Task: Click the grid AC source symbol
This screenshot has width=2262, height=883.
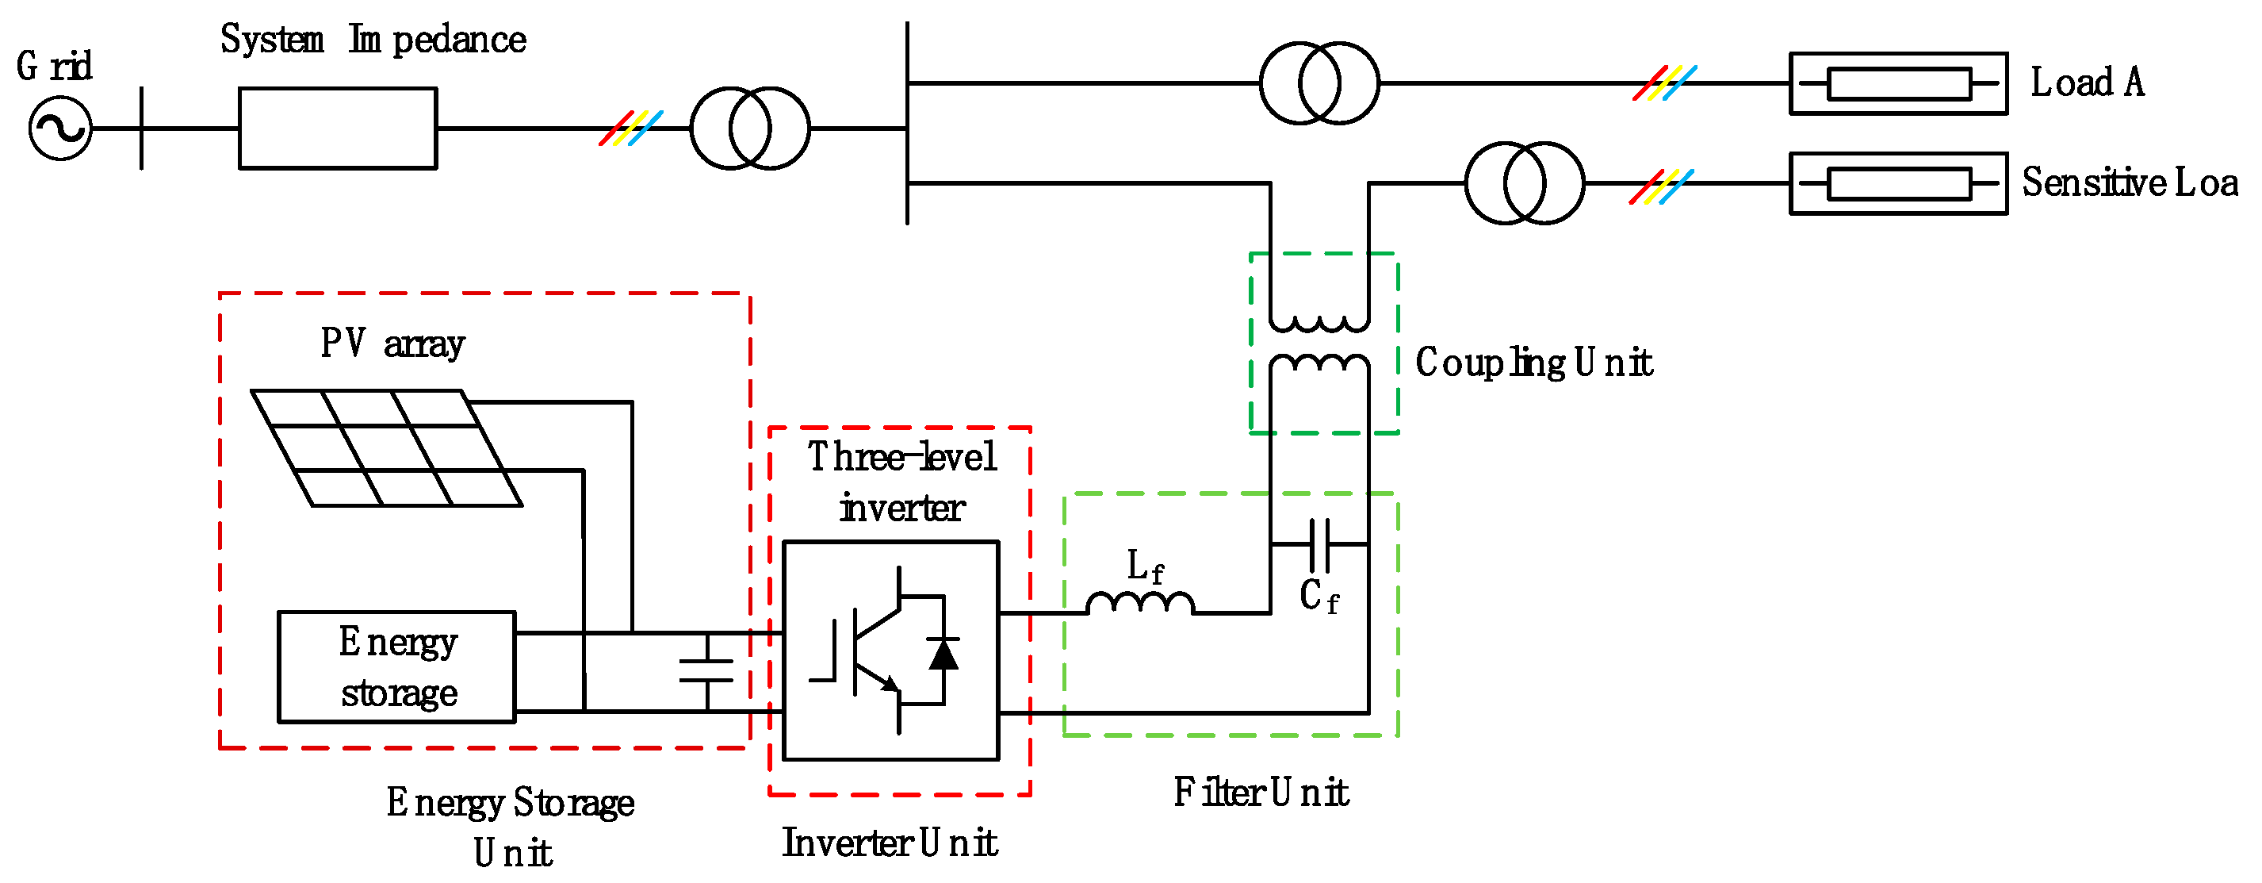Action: pos(59,129)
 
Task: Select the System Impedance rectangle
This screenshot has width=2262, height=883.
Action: pos(338,129)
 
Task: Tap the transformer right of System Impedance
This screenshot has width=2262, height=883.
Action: pos(749,129)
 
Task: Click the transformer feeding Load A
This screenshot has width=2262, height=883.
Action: pos(1319,83)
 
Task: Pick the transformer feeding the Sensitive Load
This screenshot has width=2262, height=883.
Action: pos(1525,182)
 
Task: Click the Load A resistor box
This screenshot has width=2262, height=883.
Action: pos(1898,83)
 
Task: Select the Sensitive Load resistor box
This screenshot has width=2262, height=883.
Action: pos(1898,183)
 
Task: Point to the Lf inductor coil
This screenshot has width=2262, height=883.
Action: pos(1140,604)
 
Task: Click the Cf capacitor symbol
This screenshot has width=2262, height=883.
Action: pos(1319,545)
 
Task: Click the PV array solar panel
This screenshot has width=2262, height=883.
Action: pos(386,448)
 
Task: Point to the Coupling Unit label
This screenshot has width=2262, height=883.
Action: pos(1533,363)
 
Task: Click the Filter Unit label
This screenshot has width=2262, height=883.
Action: pos(1260,793)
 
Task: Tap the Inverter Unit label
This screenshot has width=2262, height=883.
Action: pos(890,843)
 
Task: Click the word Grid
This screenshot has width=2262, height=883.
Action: pos(55,66)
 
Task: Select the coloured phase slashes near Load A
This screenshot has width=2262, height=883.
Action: pos(1664,83)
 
